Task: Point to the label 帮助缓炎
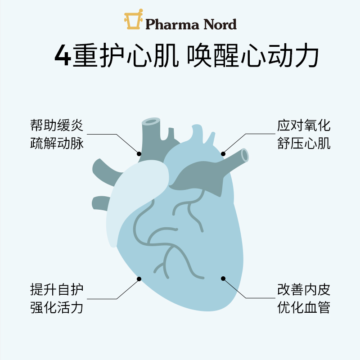(x=57, y=126)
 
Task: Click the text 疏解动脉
(x=57, y=144)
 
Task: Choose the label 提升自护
(x=57, y=289)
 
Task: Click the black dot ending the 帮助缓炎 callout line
(x=139, y=153)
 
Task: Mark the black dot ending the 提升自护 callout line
(x=139, y=279)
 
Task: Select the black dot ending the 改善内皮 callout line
(x=222, y=279)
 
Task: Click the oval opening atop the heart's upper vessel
(x=151, y=121)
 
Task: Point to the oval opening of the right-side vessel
(x=244, y=154)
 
